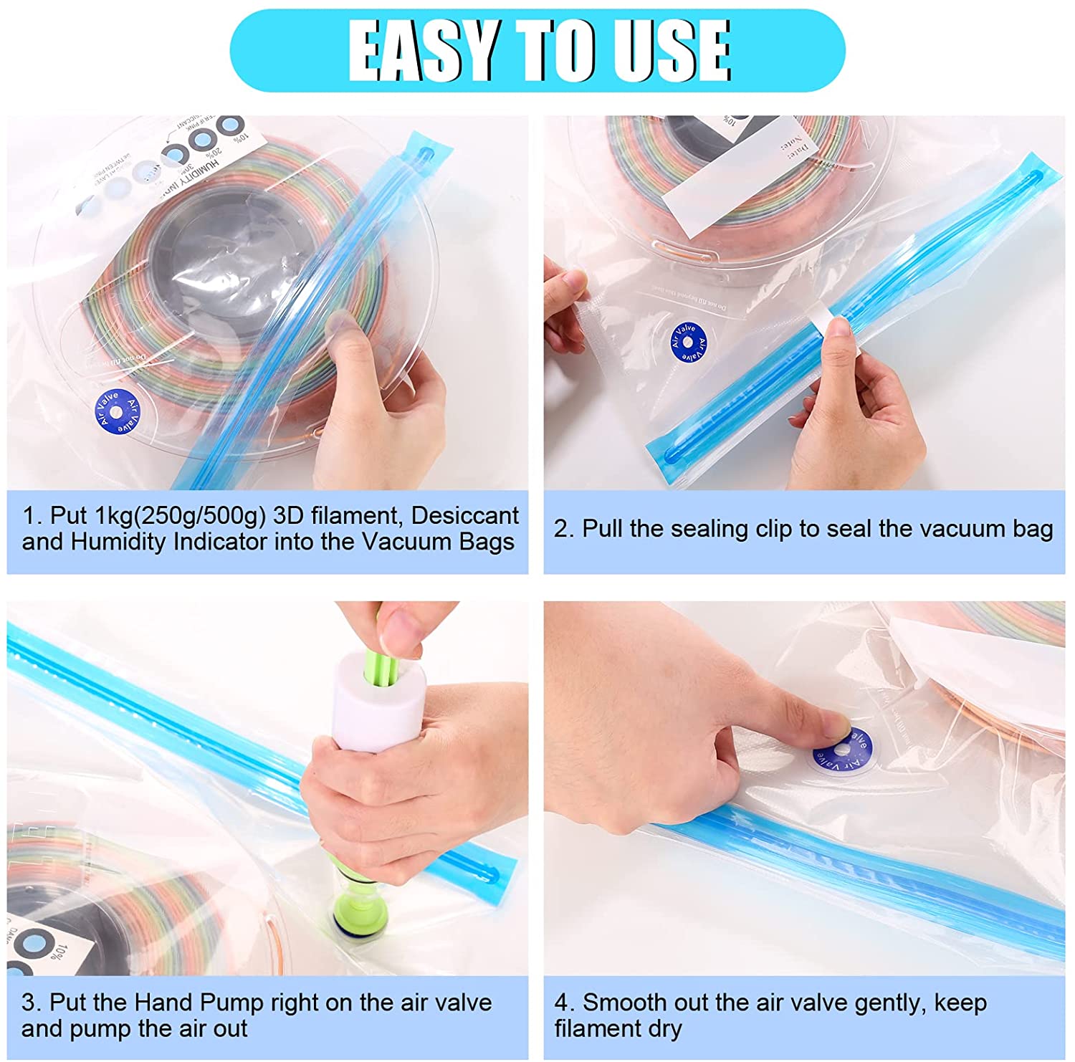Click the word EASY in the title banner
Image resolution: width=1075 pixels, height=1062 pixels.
[423, 50]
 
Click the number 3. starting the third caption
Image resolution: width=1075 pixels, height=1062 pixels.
[31, 1002]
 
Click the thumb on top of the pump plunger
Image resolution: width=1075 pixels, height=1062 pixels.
[398, 631]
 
